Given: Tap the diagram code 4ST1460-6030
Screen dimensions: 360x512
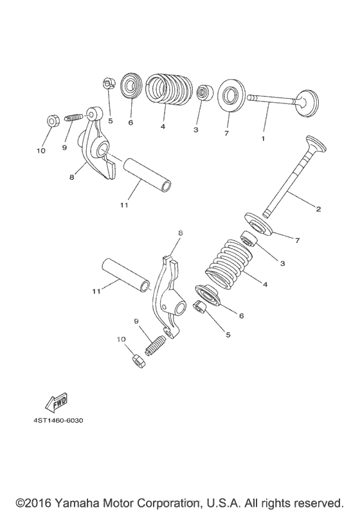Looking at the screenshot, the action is coord(59,420).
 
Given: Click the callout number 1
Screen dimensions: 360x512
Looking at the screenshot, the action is coord(263,139).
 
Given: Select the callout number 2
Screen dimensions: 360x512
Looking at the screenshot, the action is coord(318,209).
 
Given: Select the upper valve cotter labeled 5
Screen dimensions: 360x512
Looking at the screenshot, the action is coord(109,84).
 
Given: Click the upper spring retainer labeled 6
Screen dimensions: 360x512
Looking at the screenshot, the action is coord(131,87).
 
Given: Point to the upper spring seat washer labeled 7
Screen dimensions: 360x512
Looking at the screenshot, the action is coord(231,94).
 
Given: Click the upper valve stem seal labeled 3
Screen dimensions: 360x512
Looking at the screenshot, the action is coord(205,93).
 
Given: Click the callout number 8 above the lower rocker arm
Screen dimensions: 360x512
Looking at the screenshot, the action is coord(180,233).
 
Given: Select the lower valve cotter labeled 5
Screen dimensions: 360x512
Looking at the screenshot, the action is coord(199,307).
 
